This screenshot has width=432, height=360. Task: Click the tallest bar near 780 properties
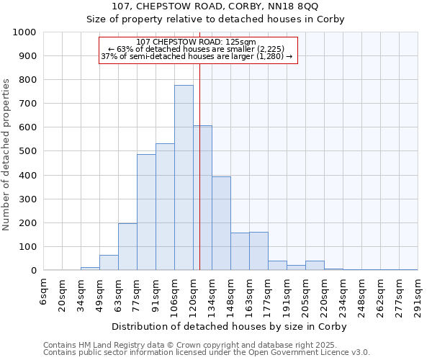tap(184, 178)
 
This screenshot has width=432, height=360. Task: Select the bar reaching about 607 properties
tap(202, 198)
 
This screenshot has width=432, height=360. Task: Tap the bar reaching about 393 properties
tap(221, 223)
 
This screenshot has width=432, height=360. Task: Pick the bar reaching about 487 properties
tap(146, 212)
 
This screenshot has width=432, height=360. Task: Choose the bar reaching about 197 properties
tap(127, 247)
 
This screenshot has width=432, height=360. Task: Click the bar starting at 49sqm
tap(109, 263)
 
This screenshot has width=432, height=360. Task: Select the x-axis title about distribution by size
tap(230, 326)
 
